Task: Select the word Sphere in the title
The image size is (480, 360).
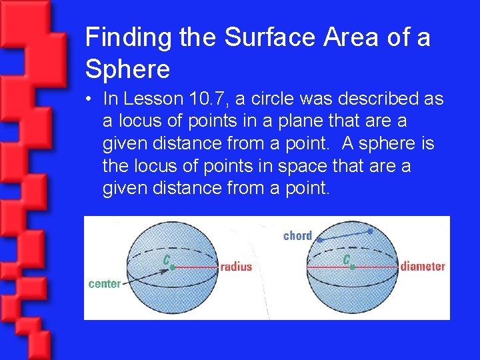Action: [127, 68]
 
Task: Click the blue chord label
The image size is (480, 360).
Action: [297, 235]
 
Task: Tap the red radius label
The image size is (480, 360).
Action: [236, 267]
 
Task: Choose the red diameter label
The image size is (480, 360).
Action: [423, 267]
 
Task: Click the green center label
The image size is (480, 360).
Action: [105, 283]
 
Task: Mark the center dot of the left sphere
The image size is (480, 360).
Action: [172, 267]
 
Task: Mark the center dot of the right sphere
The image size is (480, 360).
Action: [352, 267]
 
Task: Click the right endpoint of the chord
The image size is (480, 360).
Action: [370, 231]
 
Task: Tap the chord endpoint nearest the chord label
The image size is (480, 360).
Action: [319, 239]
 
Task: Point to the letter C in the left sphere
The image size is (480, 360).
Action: [167, 258]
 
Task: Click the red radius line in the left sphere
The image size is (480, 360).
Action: [195, 267]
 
